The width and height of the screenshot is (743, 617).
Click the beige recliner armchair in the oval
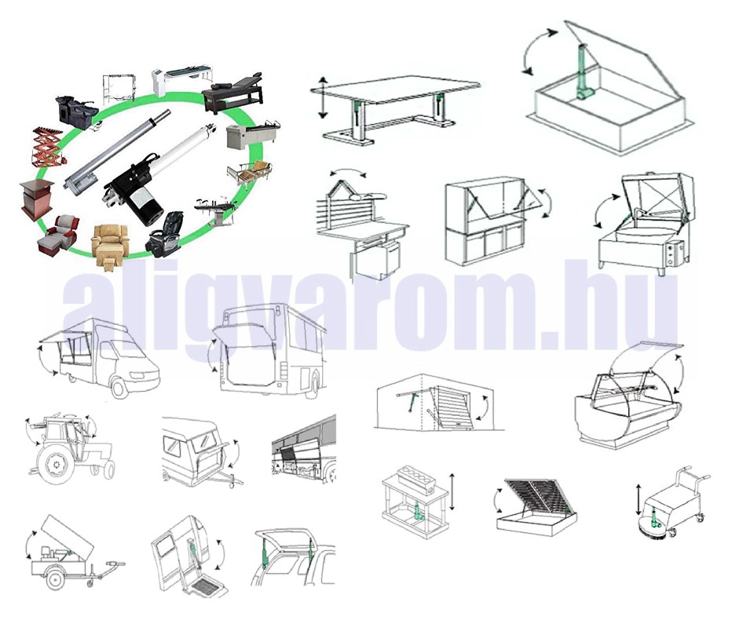110,244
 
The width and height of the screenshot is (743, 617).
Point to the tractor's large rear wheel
57,464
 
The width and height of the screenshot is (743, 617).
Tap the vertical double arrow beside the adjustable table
322,97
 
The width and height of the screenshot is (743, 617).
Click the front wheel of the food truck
120,389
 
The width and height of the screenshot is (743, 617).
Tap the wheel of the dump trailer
56,581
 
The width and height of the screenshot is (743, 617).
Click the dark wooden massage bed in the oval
234,93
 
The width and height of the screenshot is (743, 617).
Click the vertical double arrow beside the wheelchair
639,498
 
